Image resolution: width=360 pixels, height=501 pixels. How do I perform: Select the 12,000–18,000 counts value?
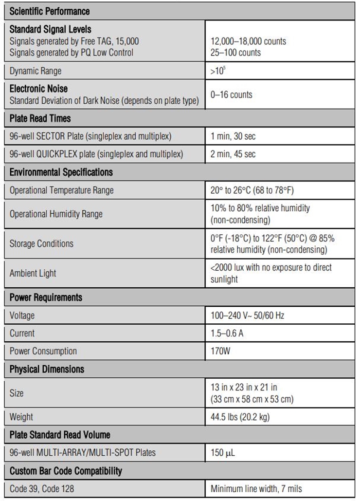(x=248, y=41)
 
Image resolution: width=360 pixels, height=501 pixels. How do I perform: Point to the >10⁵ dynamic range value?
(x=218, y=71)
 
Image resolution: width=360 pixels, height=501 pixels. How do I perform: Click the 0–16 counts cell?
(x=231, y=94)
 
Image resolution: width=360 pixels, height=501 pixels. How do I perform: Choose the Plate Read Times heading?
(x=40, y=118)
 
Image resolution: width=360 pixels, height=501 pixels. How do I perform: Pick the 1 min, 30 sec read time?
(x=233, y=136)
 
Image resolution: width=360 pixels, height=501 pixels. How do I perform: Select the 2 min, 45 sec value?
(x=233, y=154)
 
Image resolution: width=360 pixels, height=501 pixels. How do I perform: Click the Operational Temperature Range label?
(x=61, y=190)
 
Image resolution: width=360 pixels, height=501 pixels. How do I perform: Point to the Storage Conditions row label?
(x=41, y=243)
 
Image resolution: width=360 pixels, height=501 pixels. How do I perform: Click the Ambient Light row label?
(x=33, y=273)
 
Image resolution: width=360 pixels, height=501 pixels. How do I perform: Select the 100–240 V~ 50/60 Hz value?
(x=247, y=315)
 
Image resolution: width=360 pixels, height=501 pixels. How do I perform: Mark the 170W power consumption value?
(x=220, y=351)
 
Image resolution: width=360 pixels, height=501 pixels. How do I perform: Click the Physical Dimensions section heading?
(x=47, y=369)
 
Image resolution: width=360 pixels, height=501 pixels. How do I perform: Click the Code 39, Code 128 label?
(x=42, y=488)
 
